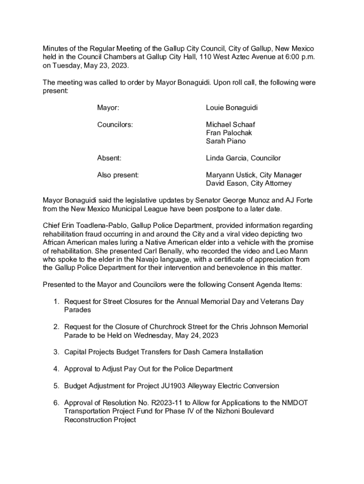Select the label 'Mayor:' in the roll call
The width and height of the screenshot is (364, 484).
point(108,108)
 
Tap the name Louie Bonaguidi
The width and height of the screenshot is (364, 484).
point(232,108)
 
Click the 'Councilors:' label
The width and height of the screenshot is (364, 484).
point(115,125)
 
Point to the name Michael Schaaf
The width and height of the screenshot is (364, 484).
point(230,125)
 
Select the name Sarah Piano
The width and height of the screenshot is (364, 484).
point(225,141)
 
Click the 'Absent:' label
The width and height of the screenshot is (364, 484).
point(109,158)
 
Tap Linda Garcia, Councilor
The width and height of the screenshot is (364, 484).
point(243,158)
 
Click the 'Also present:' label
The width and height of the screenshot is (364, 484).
point(118,175)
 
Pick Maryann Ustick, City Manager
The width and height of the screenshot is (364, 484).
point(253,175)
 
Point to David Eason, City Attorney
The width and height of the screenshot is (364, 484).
point(249,183)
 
